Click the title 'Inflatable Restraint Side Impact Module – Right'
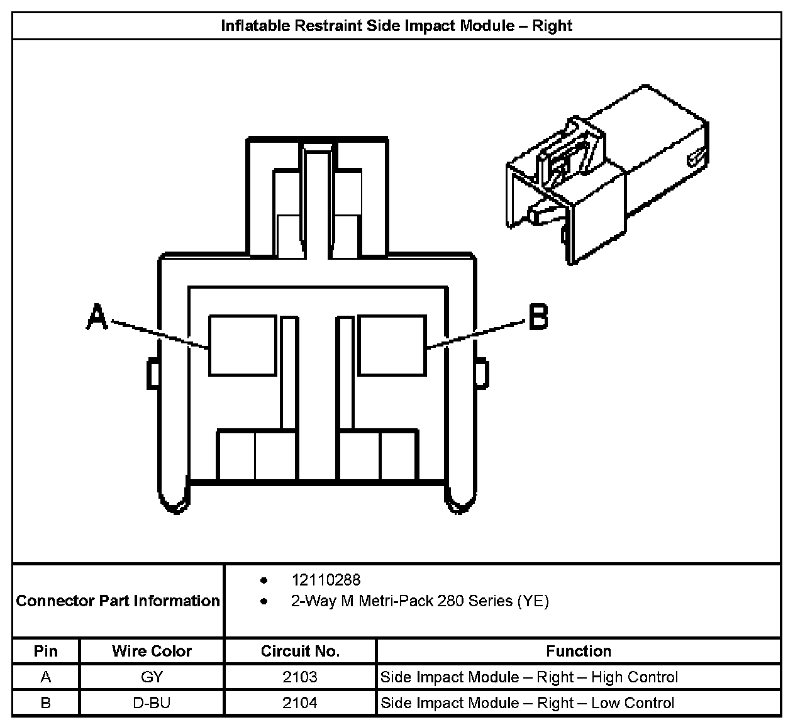coord(396,26)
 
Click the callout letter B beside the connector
coord(538,317)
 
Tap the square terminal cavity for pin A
coord(242,345)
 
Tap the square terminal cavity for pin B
coord(391,345)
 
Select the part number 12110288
coord(326,580)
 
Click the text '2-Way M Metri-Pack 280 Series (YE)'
coord(419,601)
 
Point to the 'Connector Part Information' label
coord(118,601)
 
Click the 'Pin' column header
coord(45,651)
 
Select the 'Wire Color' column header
coord(152,651)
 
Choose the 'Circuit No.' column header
coord(300,651)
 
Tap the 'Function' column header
coord(578,651)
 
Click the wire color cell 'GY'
coord(152,677)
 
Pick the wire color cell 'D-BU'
coord(152,702)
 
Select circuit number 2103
coord(300,677)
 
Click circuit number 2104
coord(300,702)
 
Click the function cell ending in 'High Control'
coord(529,677)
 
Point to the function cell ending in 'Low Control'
coord(527,702)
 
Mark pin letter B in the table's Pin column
coord(45,702)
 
